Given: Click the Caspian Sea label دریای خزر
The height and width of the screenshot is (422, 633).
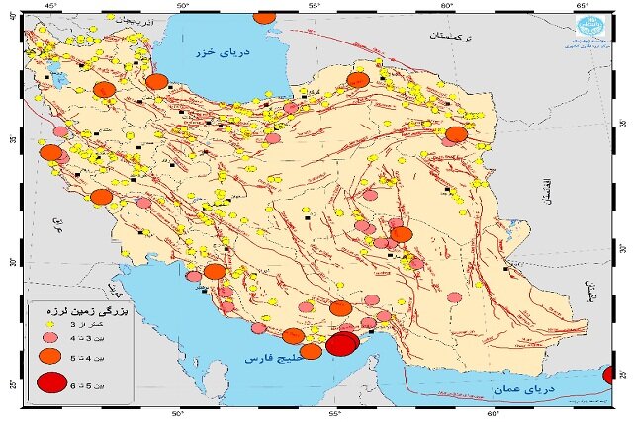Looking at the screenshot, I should (x=224, y=51).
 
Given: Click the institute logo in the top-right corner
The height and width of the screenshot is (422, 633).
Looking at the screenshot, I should (x=594, y=28).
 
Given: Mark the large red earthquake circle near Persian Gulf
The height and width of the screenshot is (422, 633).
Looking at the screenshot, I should (x=342, y=344).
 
